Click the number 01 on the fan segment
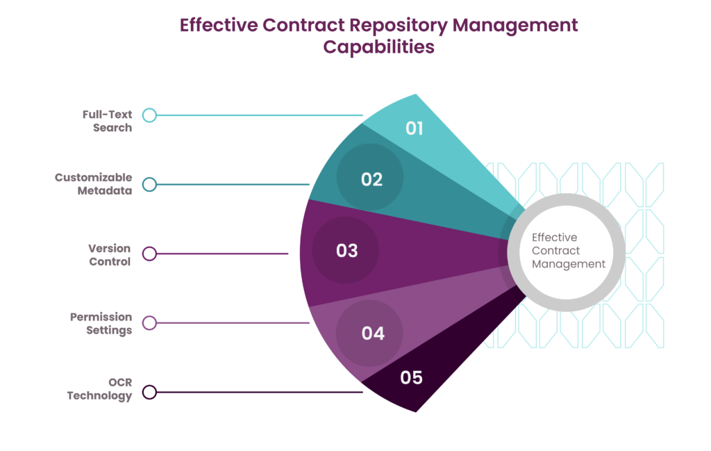pos(414,129)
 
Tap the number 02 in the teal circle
pos(372,180)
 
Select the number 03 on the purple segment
pos(347,250)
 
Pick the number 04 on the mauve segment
pos(373,334)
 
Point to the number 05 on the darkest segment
pos(411,377)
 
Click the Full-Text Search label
pos(108,121)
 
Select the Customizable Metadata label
pos(94,183)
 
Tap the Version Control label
pos(110,255)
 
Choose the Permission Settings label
pos(101,324)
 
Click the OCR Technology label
pos(100,389)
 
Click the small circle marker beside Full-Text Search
pos(150,115)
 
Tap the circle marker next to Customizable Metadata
pos(150,185)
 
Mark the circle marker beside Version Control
pos(150,254)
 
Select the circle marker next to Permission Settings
pos(150,323)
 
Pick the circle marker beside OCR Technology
pos(150,392)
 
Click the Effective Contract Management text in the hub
pos(568,251)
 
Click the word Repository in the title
pos(399,26)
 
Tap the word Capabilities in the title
pos(378,47)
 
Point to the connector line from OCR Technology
pos(260,392)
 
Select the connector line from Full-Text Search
pos(260,115)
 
